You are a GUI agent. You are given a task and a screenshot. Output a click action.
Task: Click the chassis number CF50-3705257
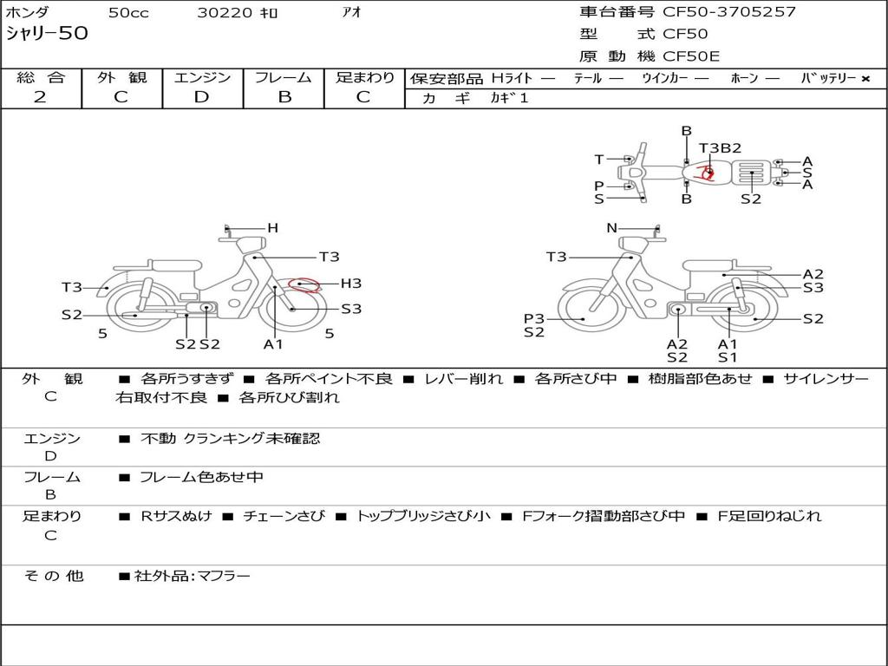tap(729, 11)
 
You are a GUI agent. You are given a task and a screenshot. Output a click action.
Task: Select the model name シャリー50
tap(47, 33)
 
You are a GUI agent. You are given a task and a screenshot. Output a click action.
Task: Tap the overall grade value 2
tap(40, 97)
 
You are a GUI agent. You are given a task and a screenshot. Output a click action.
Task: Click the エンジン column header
tap(202, 77)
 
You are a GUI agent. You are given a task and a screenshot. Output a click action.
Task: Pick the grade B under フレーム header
tap(284, 97)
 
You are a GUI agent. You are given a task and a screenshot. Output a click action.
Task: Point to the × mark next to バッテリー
tap(865, 79)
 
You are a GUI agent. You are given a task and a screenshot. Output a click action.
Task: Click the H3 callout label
tap(350, 284)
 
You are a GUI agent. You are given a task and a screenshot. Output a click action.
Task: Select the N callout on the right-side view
tap(611, 228)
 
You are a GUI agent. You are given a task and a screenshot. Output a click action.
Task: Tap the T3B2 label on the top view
tap(720, 147)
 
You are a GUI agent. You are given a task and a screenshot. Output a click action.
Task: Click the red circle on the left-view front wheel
tap(304, 284)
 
